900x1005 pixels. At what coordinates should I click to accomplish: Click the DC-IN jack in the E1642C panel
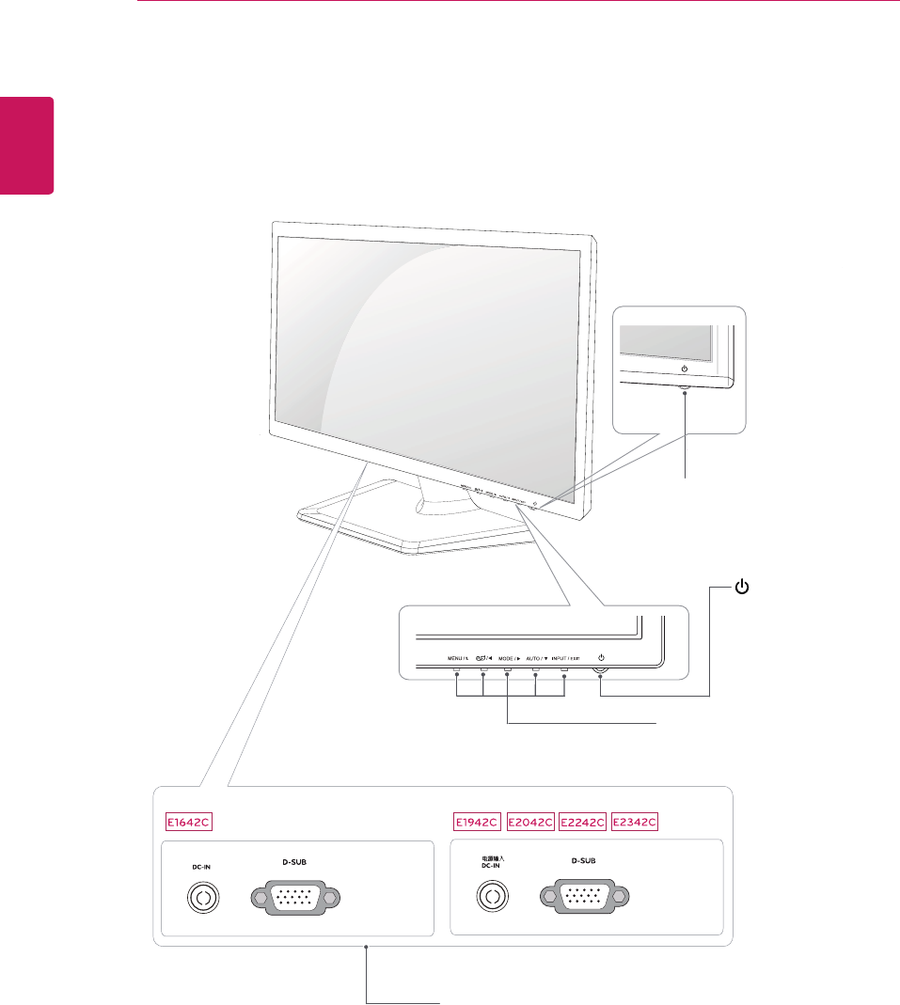[201, 898]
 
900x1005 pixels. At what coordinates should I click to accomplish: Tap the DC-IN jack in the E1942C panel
[490, 898]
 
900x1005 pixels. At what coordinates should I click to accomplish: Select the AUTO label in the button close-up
[537, 658]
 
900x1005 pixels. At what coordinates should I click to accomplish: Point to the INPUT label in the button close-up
[565, 658]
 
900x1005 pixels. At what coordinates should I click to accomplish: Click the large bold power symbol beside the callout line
[743, 589]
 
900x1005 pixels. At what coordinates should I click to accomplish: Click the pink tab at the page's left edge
[26, 145]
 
